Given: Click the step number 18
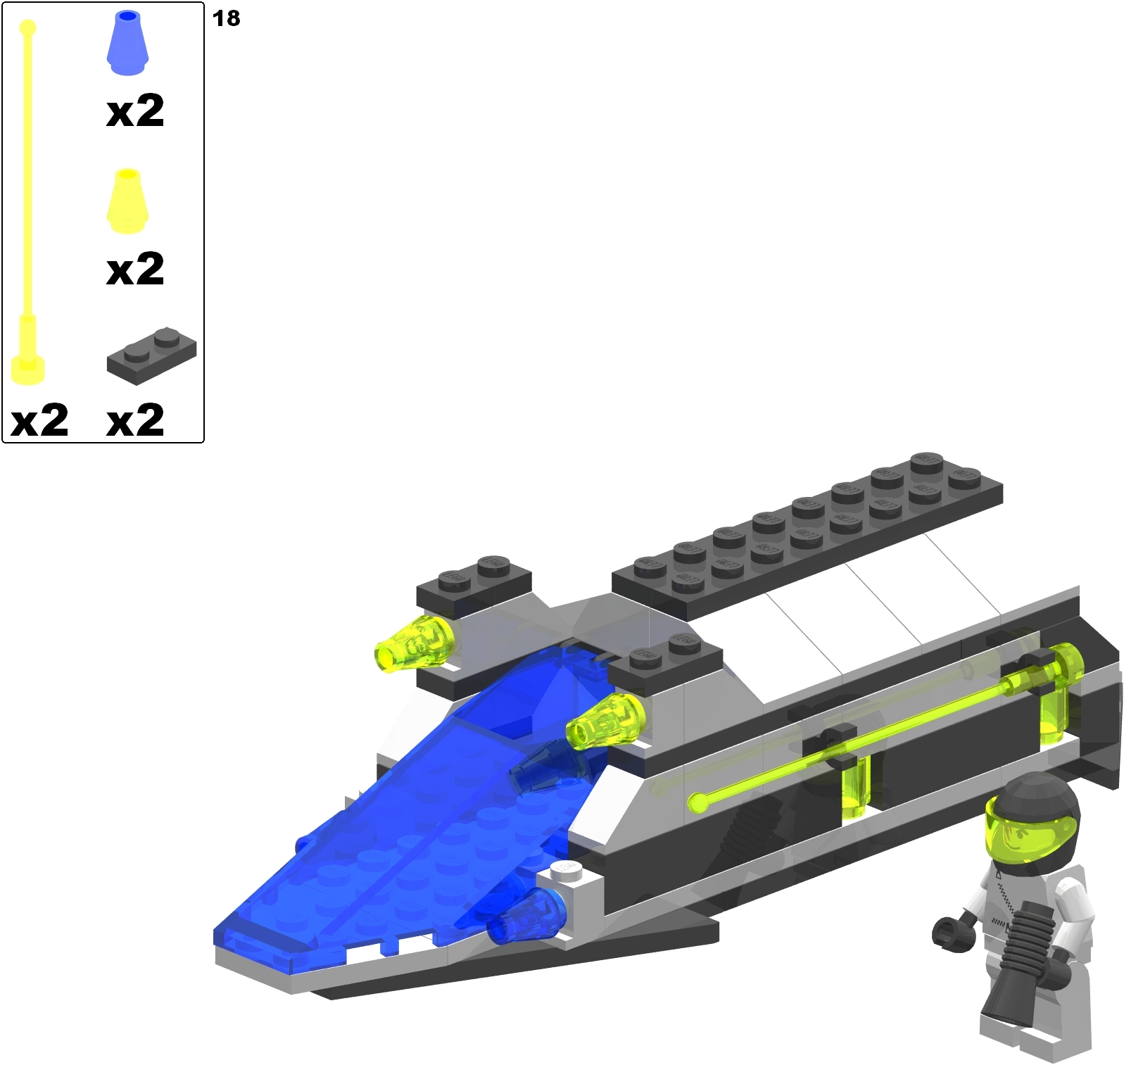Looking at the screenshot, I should click(x=226, y=18).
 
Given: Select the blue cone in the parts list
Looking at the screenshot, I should click(x=127, y=44).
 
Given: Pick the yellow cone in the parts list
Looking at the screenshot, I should click(x=127, y=202).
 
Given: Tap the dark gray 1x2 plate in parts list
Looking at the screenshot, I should click(x=151, y=355).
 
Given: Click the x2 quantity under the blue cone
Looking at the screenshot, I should click(x=135, y=111).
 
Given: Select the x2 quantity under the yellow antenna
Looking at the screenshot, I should click(x=40, y=420).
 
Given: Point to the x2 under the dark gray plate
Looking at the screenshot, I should click(x=135, y=420).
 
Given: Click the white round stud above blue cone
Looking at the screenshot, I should click(x=567, y=871).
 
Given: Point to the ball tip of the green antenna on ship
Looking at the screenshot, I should click(x=697, y=802).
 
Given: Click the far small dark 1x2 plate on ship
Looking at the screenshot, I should click(x=473, y=580).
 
